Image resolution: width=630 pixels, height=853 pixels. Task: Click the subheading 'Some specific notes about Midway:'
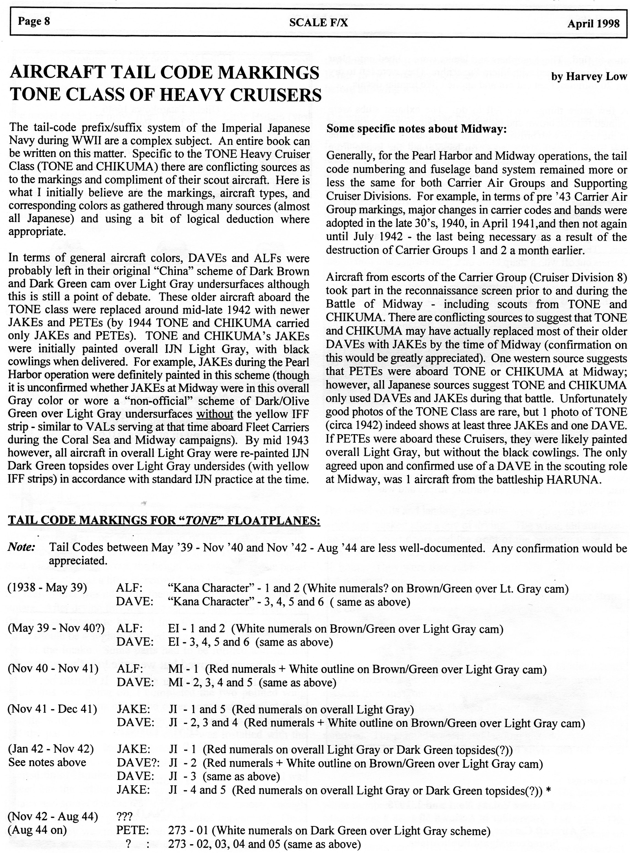[416, 129]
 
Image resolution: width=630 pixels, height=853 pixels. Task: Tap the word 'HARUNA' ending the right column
[574, 480]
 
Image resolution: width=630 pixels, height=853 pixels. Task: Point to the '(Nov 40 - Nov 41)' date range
[53, 668]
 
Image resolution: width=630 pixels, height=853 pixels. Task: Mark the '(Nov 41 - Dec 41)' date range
[52, 709]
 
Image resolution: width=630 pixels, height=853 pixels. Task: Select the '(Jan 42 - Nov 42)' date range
[51, 749]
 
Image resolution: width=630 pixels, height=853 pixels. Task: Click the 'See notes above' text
[47, 763]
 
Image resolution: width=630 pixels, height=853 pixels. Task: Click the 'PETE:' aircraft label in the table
[133, 830]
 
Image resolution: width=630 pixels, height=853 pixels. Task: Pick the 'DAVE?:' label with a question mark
[138, 763]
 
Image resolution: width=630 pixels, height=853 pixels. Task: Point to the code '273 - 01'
[188, 830]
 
